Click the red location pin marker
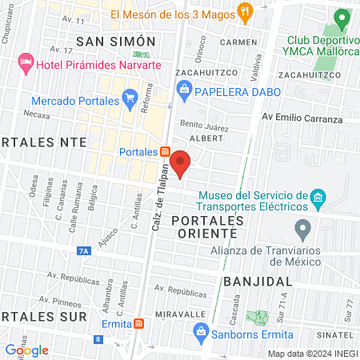[x=181, y=162]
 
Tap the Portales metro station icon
[x=164, y=152]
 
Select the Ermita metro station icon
[x=139, y=324]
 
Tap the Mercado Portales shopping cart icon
[x=129, y=101]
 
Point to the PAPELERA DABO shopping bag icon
[x=184, y=91]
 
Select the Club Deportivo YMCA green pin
[x=342, y=18]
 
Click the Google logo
[x=26, y=350]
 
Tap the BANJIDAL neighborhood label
[x=254, y=282]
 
